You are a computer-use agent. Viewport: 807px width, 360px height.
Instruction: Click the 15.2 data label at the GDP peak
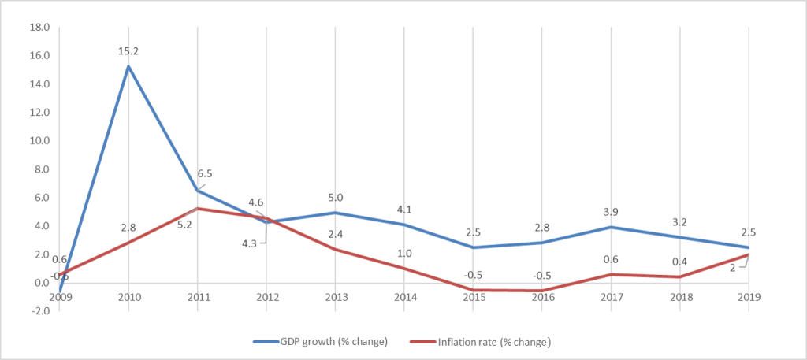click(128, 50)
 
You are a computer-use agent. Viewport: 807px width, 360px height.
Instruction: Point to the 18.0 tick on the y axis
click(39, 28)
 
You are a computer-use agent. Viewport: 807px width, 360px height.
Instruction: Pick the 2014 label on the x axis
click(405, 298)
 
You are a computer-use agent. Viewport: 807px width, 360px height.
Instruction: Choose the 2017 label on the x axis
click(611, 298)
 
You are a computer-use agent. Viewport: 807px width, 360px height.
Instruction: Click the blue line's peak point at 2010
click(128, 66)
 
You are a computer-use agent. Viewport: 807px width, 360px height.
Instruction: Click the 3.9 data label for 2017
click(611, 212)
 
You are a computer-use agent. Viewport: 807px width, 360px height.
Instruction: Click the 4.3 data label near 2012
click(248, 243)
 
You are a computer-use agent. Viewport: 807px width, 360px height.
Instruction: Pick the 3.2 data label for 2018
click(679, 222)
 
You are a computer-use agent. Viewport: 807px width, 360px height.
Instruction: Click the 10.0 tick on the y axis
click(39, 141)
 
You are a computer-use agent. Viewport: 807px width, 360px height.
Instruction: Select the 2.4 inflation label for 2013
click(336, 234)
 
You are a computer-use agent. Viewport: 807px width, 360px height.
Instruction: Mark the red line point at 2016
click(542, 291)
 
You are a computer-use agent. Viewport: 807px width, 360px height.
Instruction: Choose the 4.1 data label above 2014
click(405, 210)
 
